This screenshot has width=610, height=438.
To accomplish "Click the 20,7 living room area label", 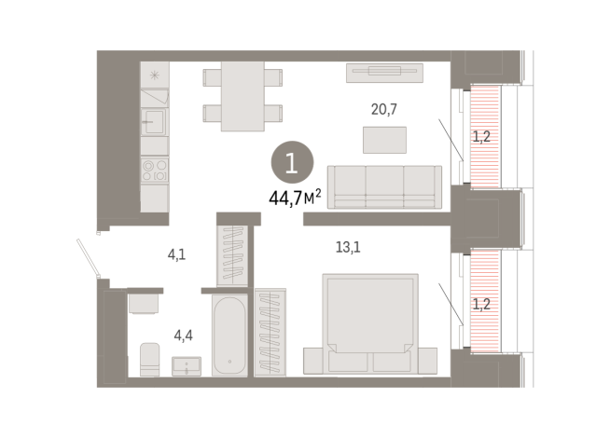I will (x=384, y=109).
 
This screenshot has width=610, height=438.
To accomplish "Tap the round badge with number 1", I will (x=291, y=164).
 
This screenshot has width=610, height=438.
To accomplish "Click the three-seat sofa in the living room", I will (x=384, y=186).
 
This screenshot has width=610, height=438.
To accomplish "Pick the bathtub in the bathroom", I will (x=229, y=335).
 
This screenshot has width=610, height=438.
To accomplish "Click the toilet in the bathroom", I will (x=149, y=359).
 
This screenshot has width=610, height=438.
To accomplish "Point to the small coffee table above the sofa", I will (x=384, y=139).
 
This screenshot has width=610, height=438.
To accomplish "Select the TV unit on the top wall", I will (x=385, y=72).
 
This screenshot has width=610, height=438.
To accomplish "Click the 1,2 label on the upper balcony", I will (x=480, y=137).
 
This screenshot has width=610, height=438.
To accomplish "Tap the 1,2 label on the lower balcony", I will (x=480, y=303).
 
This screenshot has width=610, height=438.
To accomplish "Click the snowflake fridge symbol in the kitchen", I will (x=154, y=74).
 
